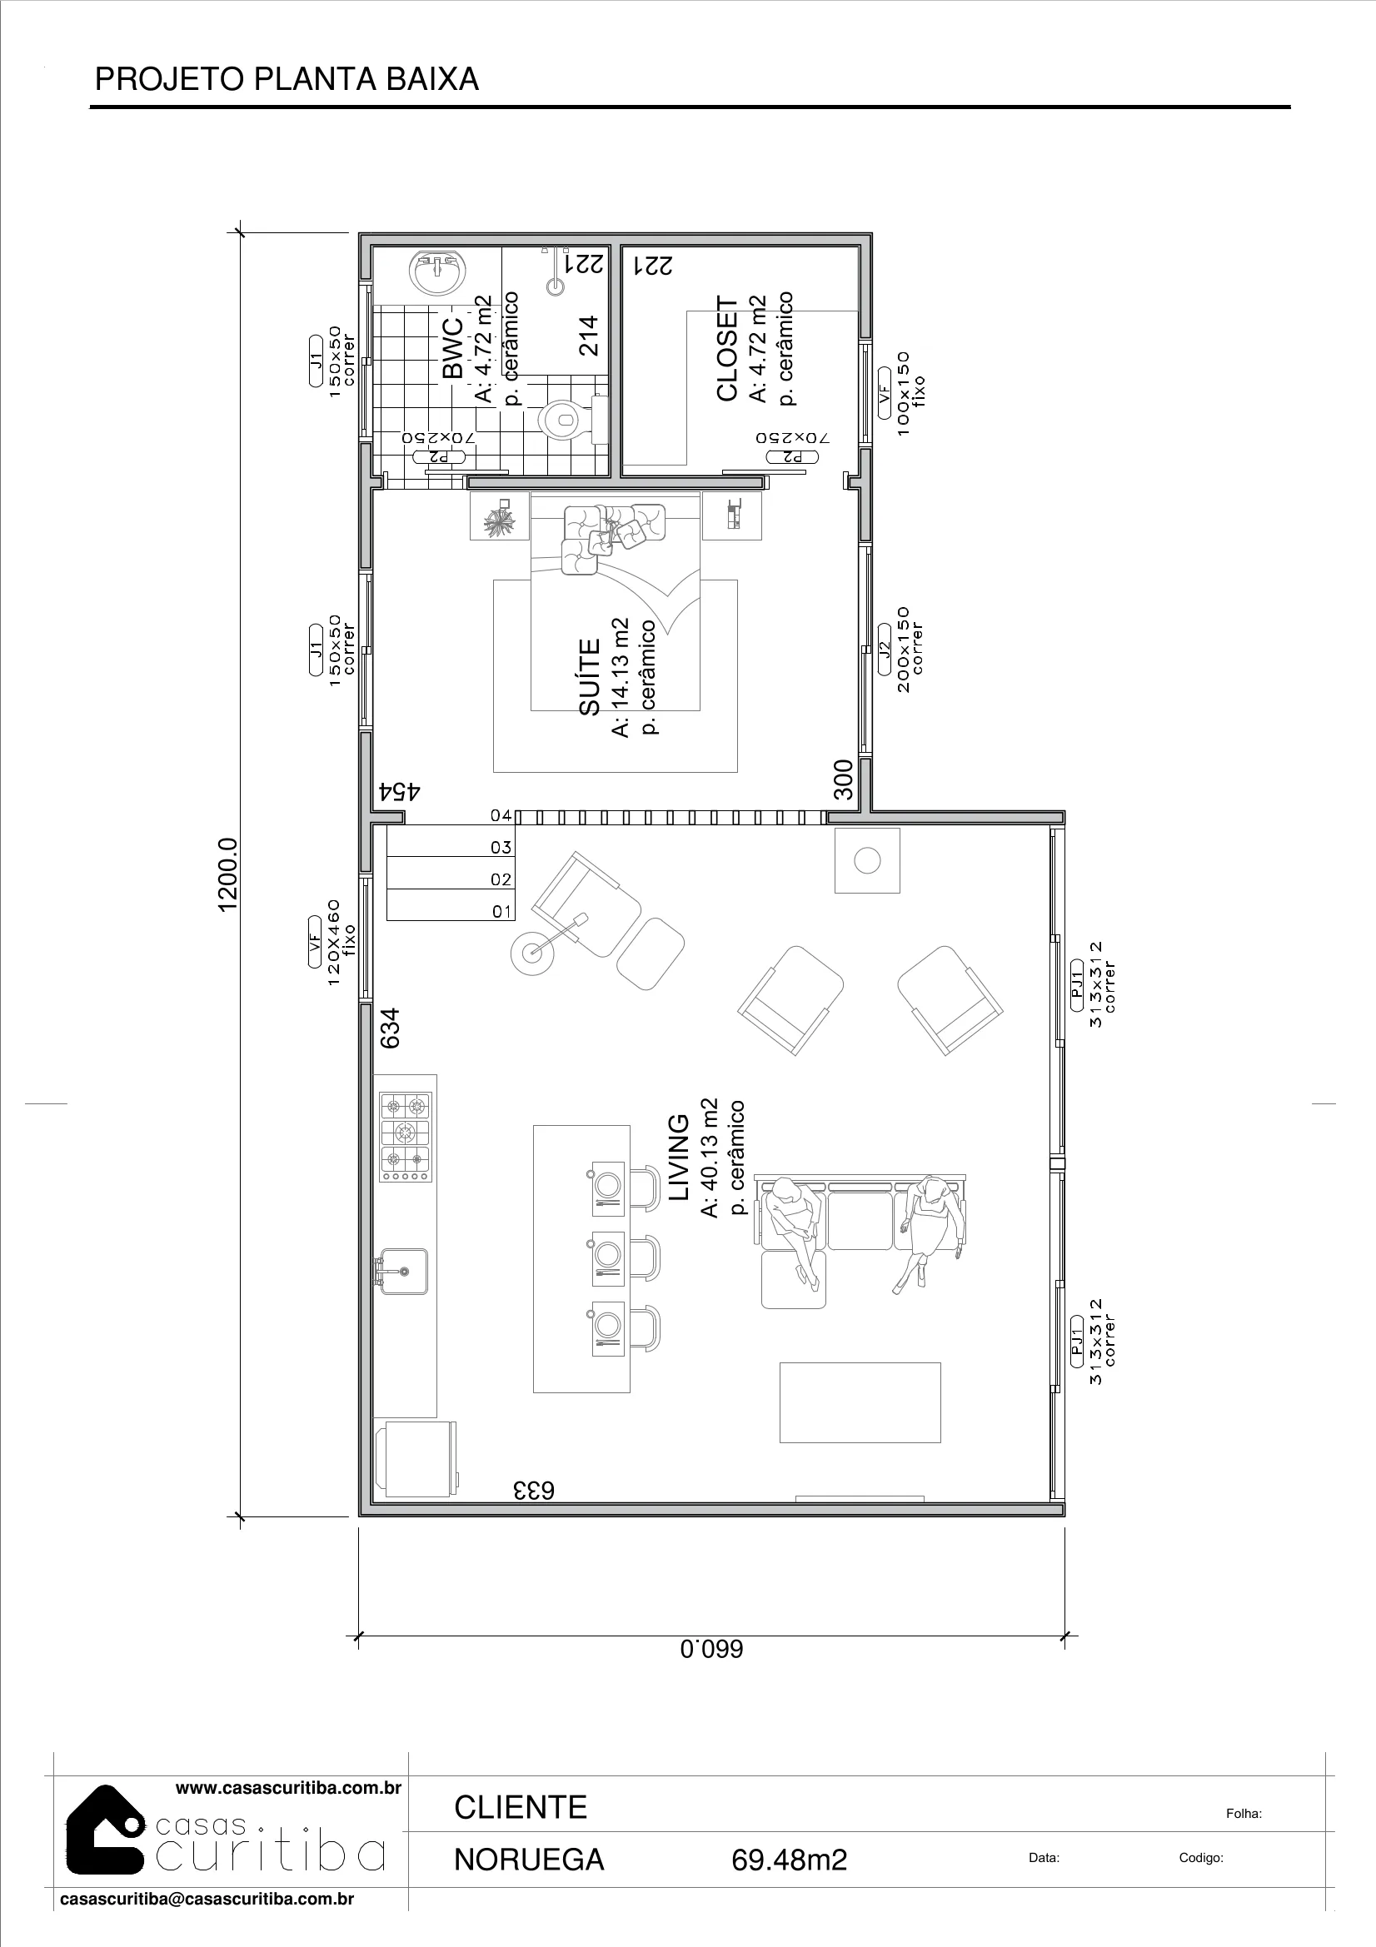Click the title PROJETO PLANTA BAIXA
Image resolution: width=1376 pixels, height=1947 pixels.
(x=287, y=79)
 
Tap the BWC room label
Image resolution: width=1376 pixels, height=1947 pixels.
(x=453, y=348)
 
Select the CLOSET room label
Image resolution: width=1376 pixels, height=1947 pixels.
(x=728, y=349)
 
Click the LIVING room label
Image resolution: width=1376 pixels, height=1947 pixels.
(x=680, y=1158)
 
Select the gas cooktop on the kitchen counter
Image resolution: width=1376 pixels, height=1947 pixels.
(x=406, y=1138)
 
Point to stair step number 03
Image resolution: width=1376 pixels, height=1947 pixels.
(x=501, y=847)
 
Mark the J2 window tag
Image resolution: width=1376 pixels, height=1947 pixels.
(x=884, y=650)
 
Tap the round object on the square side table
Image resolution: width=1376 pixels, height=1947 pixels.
(x=867, y=862)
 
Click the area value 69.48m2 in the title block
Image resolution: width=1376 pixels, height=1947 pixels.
(x=789, y=1860)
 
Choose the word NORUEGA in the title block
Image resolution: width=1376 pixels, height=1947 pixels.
(x=529, y=1860)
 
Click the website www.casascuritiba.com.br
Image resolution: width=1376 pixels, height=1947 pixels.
(x=287, y=1789)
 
